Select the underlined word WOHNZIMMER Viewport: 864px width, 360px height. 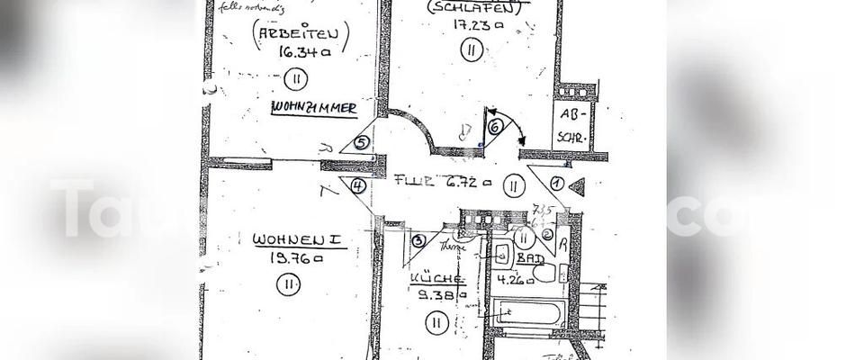314,109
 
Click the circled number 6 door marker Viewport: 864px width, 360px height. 494,126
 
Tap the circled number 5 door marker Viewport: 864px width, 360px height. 361,141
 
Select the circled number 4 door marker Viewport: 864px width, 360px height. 357,186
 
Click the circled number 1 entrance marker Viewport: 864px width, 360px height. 556,183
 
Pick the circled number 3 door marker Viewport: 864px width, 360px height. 418,239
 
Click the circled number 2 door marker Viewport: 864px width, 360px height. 548,236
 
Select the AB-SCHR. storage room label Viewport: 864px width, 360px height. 572,127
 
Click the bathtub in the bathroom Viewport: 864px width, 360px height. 527,315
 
